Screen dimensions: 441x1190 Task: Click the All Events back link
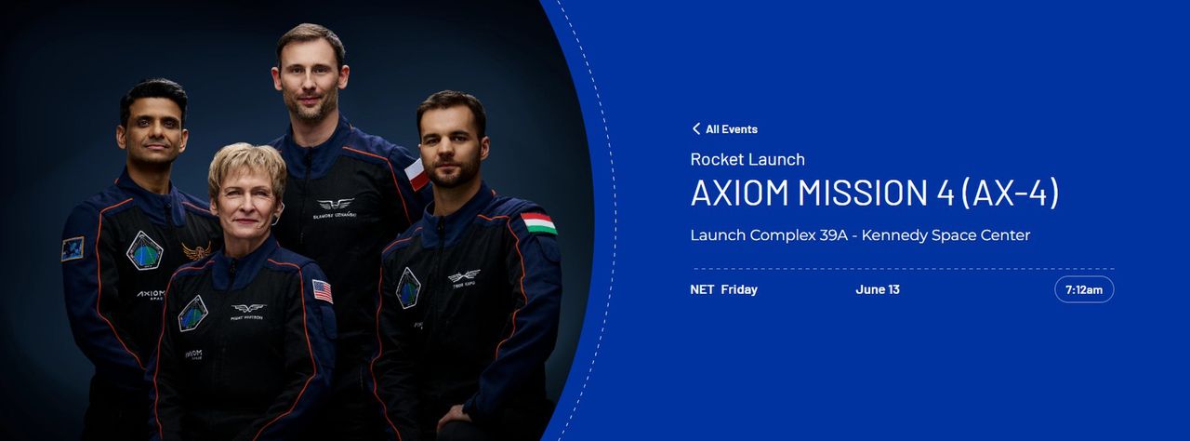point(731,129)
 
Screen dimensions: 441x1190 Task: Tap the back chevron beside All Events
point(695,129)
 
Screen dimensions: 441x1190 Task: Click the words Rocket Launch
point(747,159)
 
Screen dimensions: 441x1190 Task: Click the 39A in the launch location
point(832,235)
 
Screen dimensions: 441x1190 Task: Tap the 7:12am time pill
point(1084,289)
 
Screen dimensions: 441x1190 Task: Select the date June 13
point(877,289)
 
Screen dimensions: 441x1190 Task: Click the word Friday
point(739,289)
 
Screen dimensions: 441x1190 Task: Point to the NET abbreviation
point(702,289)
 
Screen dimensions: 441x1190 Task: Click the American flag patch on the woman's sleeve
point(323,291)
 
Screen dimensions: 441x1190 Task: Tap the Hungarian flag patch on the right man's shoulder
point(538,223)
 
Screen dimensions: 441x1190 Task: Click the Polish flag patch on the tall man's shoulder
point(416,174)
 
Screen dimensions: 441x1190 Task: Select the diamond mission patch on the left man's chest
point(144,250)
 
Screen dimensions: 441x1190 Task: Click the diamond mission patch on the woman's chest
point(192,313)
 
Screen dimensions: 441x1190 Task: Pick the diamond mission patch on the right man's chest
point(408,287)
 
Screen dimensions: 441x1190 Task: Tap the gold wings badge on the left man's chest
point(196,250)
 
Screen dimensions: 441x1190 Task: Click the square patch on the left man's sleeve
point(73,248)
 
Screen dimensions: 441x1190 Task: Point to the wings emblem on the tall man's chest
point(335,204)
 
